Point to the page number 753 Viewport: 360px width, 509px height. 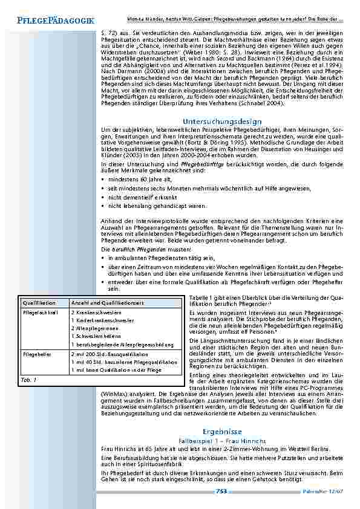[x=221, y=491]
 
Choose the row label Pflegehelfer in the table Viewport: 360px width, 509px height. [x=38, y=354]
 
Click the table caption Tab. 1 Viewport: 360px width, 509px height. [x=29, y=380]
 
